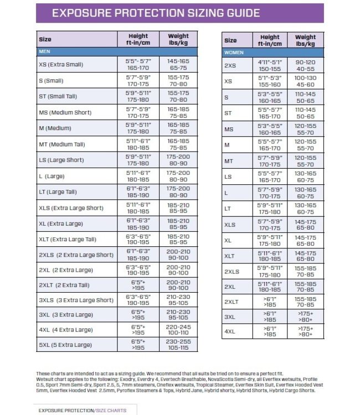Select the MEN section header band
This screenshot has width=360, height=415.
45,51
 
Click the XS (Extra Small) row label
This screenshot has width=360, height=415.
61,64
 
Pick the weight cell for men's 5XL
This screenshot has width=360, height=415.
178,344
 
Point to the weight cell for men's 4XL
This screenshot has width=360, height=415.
178,330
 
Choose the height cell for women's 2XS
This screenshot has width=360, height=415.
270,66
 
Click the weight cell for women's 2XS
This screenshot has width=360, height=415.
305,66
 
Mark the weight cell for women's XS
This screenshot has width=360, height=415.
305,81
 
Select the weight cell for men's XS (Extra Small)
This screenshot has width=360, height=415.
178,64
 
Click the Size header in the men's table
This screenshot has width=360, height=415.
45,39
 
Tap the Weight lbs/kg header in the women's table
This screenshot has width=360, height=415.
305,40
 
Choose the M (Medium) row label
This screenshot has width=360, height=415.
55,128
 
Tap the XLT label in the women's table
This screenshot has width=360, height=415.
229,256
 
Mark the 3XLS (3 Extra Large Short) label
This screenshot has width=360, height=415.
76,299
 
